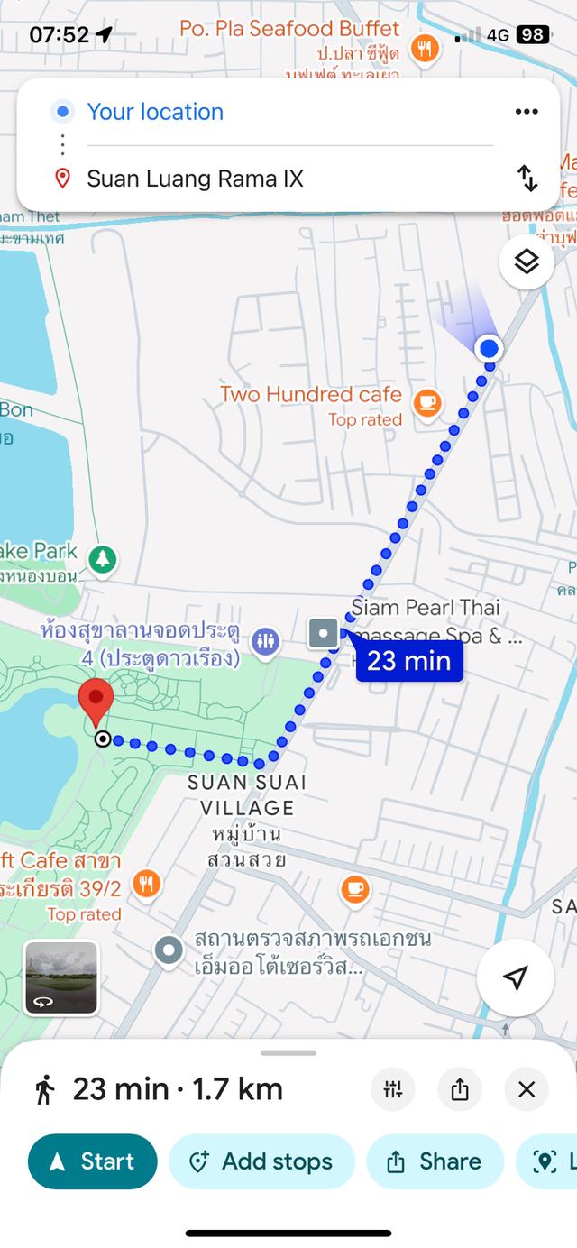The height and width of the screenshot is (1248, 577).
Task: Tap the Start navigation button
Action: tap(92, 1161)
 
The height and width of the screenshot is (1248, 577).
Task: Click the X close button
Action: tap(527, 1089)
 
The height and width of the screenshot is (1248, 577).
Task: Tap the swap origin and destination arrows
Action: tap(527, 179)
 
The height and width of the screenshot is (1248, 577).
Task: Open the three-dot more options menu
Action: tap(527, 112)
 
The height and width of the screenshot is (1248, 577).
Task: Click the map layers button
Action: tap(527, 262)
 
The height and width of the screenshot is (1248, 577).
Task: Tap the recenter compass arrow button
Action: tap(515, 978)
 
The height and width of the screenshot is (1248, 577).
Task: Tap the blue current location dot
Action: tap(489, 348)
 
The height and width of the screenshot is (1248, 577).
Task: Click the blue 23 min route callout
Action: tap(408, 661)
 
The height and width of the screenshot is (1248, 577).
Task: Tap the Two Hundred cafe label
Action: tap(311, 394)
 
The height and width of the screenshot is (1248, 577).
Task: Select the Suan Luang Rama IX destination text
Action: tap(195, 179)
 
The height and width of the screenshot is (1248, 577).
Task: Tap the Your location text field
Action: tap(155, 112)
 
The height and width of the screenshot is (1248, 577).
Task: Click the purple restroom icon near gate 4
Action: tap(265, 641)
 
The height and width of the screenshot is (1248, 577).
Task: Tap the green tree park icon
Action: tap(103, 559)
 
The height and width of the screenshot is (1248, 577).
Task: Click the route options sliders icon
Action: tap(393, 1089)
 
